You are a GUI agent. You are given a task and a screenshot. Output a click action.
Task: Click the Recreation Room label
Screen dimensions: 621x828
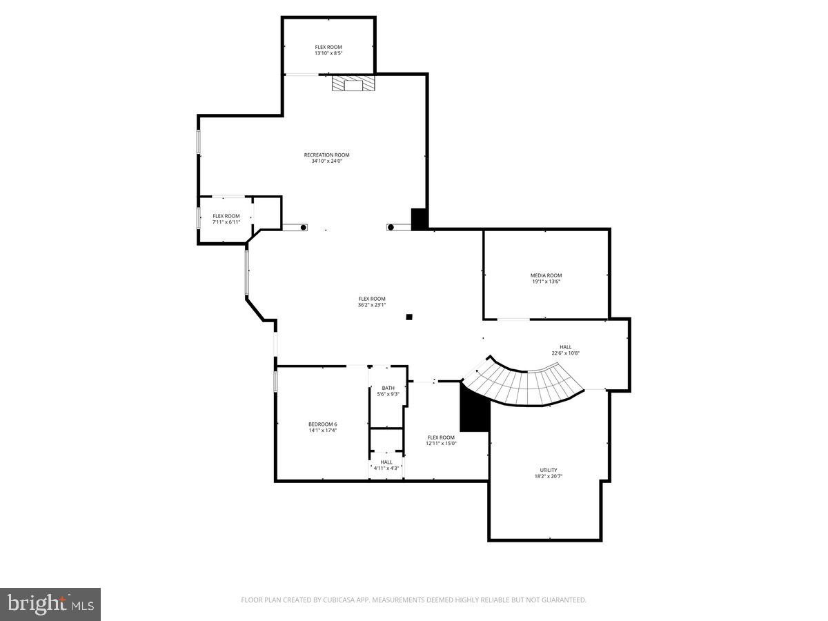[x=326, y=155]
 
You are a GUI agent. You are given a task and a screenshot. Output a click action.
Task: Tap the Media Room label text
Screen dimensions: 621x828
[x=546, y=275]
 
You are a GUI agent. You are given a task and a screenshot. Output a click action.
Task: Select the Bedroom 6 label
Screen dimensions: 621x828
[x=322, y=424]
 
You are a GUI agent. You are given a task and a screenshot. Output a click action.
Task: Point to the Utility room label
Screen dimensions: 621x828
[x=549, y=470]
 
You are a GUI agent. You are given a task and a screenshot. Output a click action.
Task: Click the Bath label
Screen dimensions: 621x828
[x=388, y=388]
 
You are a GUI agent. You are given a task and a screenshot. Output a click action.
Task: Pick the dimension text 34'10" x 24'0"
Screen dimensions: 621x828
[x=326, y=161]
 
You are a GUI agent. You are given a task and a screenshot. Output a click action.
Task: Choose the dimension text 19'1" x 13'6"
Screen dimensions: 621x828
[x=546, y=282]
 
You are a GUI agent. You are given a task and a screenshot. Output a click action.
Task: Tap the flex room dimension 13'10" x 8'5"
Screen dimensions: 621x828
[x=328, y=53]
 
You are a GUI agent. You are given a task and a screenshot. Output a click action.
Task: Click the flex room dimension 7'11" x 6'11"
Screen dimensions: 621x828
[x=226, y=222]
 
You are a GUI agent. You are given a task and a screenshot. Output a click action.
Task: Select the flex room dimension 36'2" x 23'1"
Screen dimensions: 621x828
[x=371, y=305]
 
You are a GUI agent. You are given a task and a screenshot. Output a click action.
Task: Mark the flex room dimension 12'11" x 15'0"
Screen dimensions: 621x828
[x=441, y=443]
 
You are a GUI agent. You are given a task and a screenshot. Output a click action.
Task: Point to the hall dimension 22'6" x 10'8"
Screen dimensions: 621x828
[x=565, y=353]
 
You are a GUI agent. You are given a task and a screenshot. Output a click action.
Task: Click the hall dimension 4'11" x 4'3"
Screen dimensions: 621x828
[x=386, y=468]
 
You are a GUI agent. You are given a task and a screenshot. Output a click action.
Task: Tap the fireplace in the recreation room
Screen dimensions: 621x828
[x=354, y=84]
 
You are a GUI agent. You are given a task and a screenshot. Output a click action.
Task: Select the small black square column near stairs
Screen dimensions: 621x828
[x=409, y=317]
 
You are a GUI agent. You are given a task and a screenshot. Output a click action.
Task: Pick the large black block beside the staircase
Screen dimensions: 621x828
[x=475, y=413]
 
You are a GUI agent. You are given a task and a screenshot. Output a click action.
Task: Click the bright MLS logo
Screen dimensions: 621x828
[x=50, y=604]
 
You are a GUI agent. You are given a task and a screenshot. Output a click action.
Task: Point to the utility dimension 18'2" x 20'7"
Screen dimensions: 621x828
[x=549, y=476]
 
